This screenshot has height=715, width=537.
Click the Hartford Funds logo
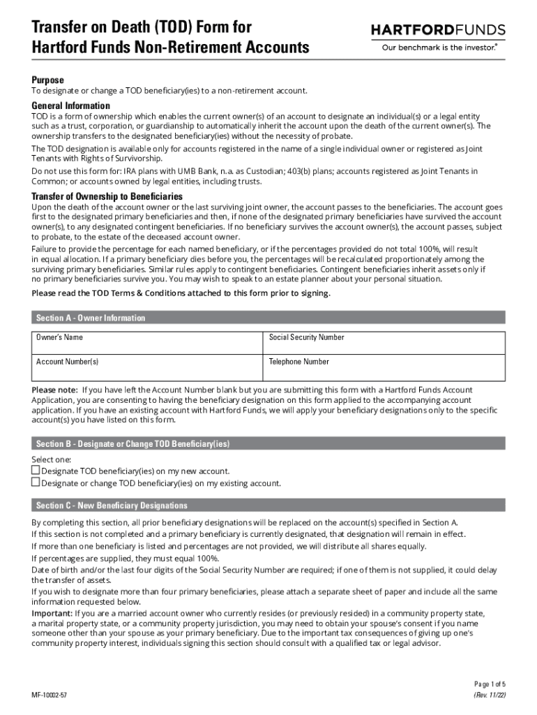tap(437, 30)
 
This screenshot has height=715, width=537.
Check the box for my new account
tap(36, 471)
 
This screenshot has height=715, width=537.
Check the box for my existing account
tap(36, 482)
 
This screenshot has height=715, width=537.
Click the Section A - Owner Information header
tap(91, 318)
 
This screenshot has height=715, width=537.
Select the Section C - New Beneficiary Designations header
tap(112, 506)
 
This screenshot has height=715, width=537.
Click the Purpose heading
tap(47, 80)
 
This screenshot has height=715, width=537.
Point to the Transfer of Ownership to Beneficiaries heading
tap(107, 196)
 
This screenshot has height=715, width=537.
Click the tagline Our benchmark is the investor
tap(438, 48)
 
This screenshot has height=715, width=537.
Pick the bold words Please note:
tap(55, 390)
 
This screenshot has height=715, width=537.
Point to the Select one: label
tap(52, 459)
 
